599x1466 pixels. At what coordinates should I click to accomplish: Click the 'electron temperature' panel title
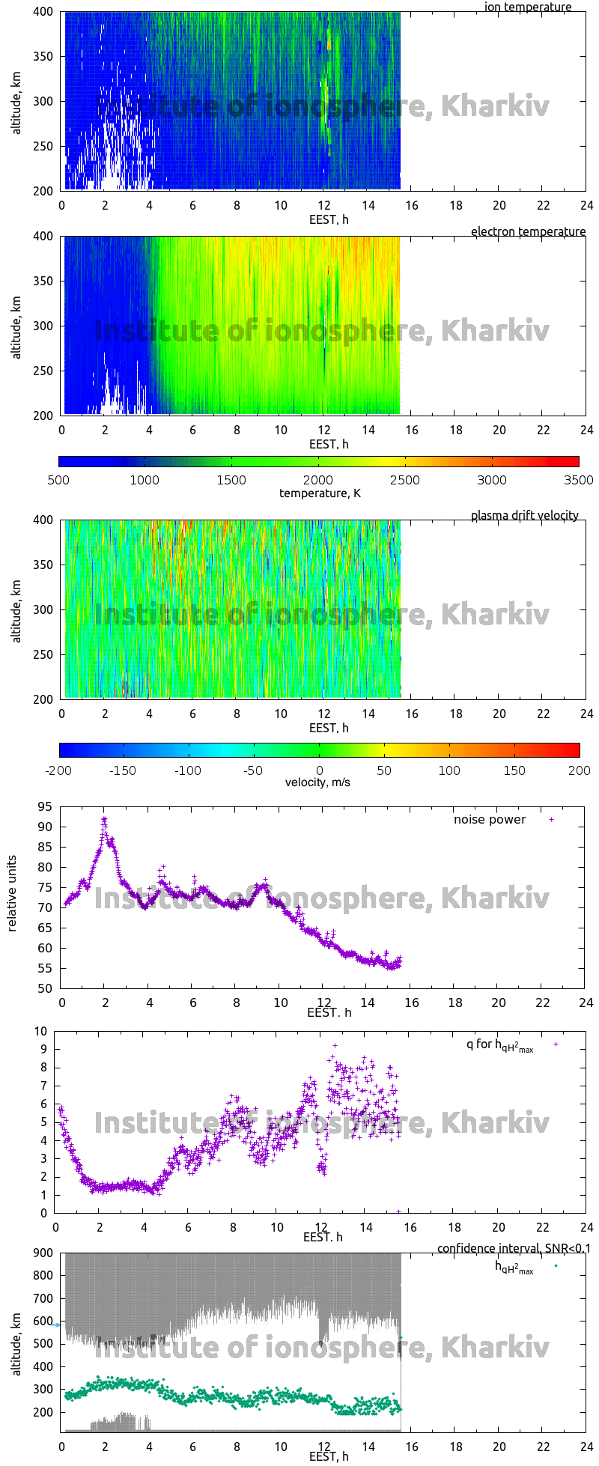click(x=528, y=232)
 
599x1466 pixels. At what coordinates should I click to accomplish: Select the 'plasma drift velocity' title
click(x=524, y=516)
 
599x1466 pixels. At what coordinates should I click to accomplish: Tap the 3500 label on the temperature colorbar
click(x=579, y=480)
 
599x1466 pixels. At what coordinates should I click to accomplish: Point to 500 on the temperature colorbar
click(x=58, y=480)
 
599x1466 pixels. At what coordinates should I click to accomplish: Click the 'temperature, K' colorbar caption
click(x=320, y=493)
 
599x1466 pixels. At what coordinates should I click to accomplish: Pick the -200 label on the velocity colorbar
click(x=58, y=770)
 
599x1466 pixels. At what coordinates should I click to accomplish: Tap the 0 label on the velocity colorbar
click(x=320, y=770)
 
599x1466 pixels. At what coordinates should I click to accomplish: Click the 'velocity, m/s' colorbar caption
click(x=317, y=783)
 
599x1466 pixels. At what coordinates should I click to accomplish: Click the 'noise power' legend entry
click(x=490, y=820)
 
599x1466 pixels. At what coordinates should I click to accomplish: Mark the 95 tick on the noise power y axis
click(x=45, y=807)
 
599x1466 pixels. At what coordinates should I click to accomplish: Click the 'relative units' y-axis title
click(x=13, y=898)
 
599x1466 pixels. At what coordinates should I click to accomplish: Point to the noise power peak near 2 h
click(x=105, y=819)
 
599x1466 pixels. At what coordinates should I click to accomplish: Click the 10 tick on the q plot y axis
click(x=43, y=1032)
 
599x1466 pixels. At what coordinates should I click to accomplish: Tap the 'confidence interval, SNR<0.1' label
click(x=514, y=1248)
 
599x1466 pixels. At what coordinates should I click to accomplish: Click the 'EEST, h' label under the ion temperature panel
click(x=329, y=220)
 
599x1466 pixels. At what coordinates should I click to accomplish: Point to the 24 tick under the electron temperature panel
click(x=586, y=431)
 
